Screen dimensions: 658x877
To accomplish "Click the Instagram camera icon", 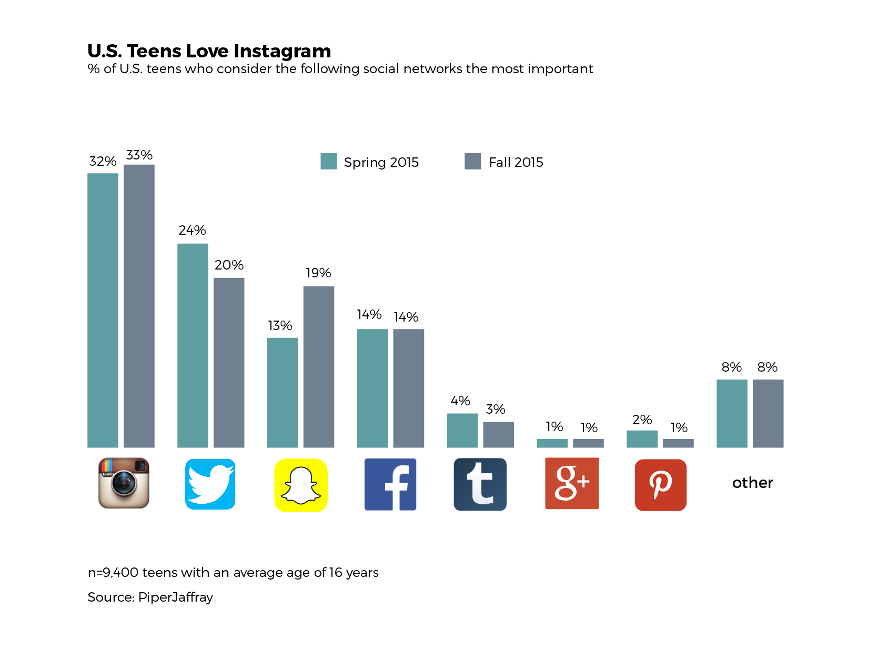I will [124, 483].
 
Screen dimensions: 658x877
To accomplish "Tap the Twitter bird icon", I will [210, 484].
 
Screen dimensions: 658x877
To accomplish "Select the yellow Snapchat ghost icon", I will [301, 485].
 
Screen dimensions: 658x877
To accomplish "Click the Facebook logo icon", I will [390, 484].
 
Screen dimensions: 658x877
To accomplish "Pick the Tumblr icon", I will [480, 484].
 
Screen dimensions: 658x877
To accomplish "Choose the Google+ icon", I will [572, 483].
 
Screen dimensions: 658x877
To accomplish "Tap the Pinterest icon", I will [661, 485].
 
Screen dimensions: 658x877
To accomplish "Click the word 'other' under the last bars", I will [752, 483].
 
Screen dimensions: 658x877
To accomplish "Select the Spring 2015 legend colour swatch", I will [329, 161].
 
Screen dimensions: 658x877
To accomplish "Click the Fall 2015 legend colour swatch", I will [473, 161].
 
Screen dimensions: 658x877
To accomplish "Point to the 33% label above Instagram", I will [139, 155].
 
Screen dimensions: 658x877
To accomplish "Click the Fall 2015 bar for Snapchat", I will [319, 367].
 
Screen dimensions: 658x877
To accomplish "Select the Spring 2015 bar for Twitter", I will [193, 345].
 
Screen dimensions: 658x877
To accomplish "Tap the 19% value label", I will [318, 273].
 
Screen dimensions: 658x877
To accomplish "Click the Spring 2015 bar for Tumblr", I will [462, 431].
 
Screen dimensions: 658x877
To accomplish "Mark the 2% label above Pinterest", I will [642, 420].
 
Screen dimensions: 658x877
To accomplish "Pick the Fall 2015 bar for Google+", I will [588, 443].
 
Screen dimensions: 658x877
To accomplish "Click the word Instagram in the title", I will [283, 51].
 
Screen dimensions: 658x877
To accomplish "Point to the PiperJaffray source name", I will [176, 597].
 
